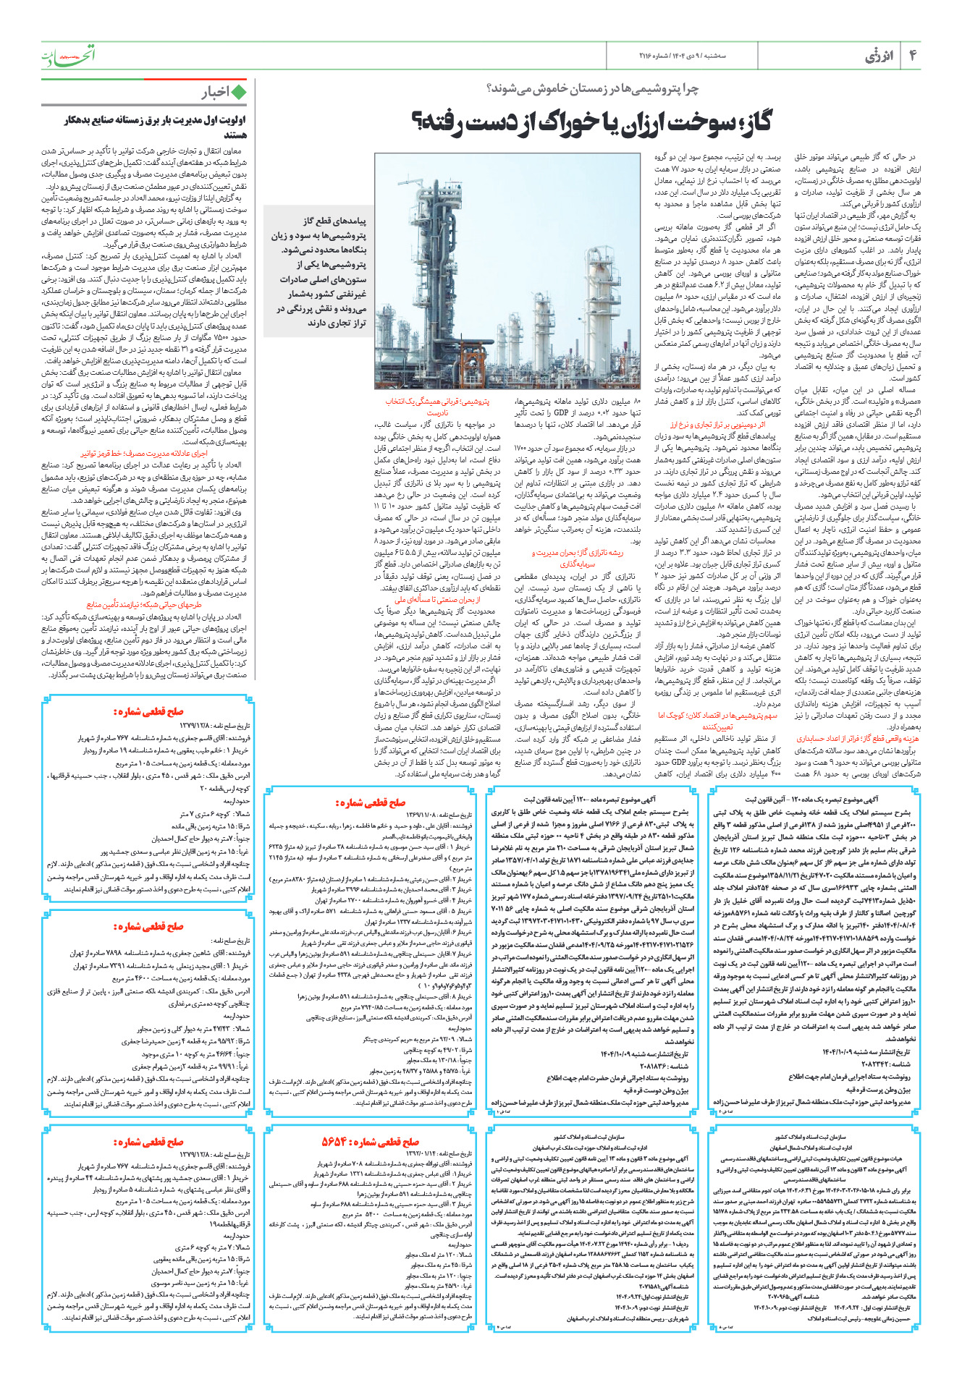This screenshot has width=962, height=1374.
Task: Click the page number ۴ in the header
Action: (x=912, y=56)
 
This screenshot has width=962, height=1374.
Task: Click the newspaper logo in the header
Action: (x=67, y=55)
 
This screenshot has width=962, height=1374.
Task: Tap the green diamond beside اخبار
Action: (x=238, y=92)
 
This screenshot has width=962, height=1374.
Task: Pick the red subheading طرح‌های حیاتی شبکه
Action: (x=145, y=605)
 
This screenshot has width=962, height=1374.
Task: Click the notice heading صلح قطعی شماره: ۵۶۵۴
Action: (x=371, y=1142)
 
